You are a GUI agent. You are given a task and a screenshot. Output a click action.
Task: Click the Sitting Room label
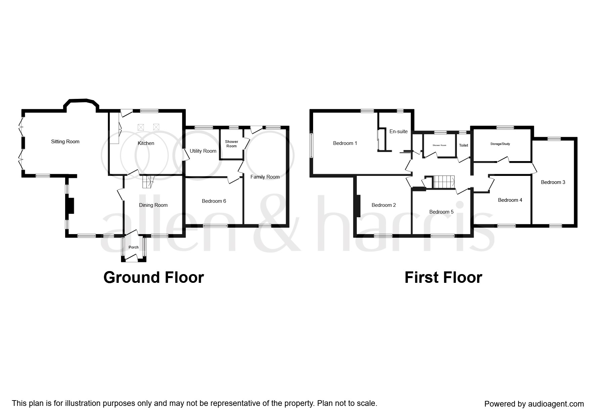point(65,142)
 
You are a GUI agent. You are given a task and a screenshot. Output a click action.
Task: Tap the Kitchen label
point(146,143)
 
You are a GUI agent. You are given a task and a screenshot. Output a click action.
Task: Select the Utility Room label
point(203,151)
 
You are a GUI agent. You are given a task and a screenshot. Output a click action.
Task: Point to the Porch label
point(133,248)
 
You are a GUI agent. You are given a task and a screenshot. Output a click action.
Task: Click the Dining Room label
point(153,205)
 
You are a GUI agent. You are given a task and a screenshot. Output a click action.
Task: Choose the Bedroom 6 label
point(214,201)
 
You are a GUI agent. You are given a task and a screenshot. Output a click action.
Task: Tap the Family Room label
point(265,177)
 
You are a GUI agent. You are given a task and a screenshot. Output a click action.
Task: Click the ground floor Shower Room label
point(231,144)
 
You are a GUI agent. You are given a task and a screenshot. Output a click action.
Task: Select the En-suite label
point(398,131)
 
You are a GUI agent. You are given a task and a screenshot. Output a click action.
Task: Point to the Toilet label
point(463,145)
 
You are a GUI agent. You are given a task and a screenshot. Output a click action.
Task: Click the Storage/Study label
point(500,144)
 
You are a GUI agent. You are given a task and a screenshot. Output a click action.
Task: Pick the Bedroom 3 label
point(553,182)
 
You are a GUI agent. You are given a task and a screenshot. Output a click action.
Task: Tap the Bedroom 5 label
point(441,212)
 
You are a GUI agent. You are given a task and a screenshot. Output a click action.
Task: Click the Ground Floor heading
point(154,277)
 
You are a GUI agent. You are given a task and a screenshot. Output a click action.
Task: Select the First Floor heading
point(443,277)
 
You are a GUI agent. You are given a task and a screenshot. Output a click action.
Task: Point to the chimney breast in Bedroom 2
point(357,206)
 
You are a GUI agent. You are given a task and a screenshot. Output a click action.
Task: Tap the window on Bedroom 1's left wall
point(311,145)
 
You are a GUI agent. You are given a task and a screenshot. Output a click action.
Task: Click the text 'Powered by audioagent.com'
point(534,404)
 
